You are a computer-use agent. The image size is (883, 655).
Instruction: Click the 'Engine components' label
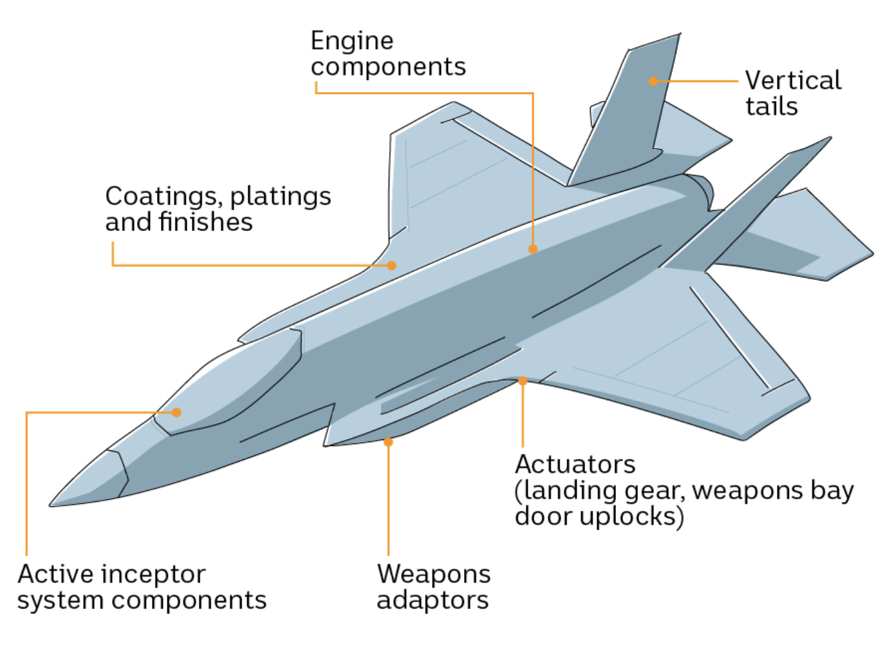tap(387, 54)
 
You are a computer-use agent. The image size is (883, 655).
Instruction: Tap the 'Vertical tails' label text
tap(792, 93)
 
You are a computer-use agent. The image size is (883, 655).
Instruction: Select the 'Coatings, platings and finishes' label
tap(218, 209)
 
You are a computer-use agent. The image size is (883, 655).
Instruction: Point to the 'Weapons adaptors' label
tap(433, 587)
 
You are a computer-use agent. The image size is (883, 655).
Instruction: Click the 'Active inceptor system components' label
tap(142, 587)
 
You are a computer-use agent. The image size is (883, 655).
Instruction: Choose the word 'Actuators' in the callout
tap(575, 464)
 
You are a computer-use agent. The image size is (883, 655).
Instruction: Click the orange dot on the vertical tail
tap(653, 81)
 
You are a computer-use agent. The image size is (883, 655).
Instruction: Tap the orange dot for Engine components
tap(533, 249)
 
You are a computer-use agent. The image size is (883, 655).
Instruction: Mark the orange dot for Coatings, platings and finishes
tap(391, 265)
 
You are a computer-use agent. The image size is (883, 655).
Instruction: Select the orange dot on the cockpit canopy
tap(176, 412)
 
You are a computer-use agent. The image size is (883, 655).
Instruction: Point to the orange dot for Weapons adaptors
tap(388, 442)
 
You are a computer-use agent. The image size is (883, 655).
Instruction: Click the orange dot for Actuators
tap(523, 381)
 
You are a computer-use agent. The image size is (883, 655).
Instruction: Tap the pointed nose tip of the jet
tap(51, 504)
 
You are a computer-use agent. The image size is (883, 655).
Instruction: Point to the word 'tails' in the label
tap(771, 107)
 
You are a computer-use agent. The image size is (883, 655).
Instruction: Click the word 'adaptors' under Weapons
tap(433, 600)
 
